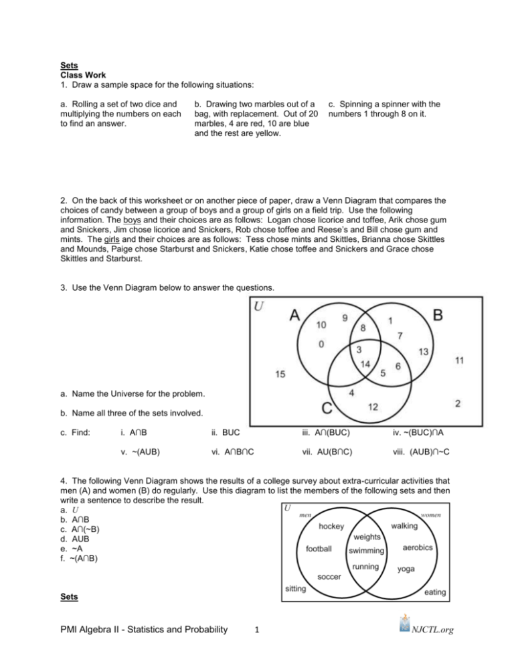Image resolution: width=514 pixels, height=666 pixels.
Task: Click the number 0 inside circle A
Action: click(x=321, y=344)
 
